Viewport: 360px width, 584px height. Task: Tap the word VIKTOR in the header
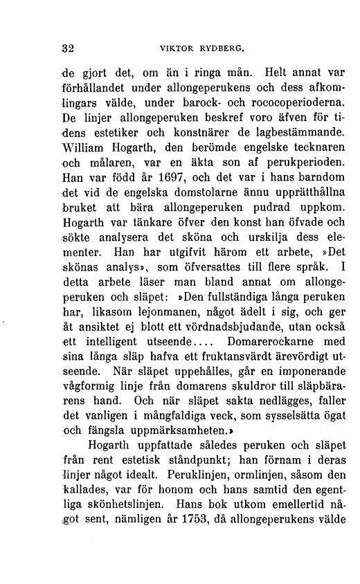(x=177, y=50)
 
